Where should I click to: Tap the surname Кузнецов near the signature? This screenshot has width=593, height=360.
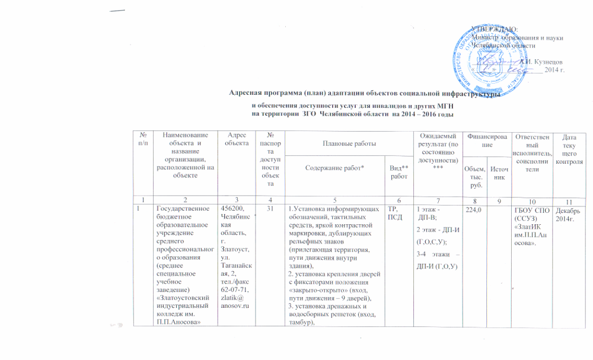pos(544,61)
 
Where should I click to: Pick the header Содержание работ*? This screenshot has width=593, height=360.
pos(334,168)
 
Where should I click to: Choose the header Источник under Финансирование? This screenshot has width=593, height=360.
pos(497,173)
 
